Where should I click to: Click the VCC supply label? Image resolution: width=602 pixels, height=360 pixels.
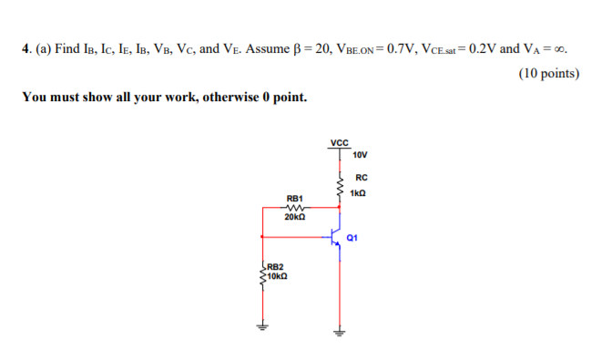coord(339,143)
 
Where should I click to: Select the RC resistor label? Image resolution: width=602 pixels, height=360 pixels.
coord(362,178)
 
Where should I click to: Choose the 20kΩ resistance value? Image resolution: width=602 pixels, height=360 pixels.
coord(294,218)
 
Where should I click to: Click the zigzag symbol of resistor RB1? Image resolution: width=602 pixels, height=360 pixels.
coord(294,208)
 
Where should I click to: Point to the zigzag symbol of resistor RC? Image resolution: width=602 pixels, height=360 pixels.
coord(339,184)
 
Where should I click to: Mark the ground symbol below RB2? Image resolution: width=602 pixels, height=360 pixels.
coord(262,329)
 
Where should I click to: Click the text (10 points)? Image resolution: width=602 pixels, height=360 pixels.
coord(548,74)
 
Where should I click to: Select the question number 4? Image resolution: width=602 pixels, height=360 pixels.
coord(25,48)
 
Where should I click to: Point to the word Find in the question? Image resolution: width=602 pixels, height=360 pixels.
coord(68,48)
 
